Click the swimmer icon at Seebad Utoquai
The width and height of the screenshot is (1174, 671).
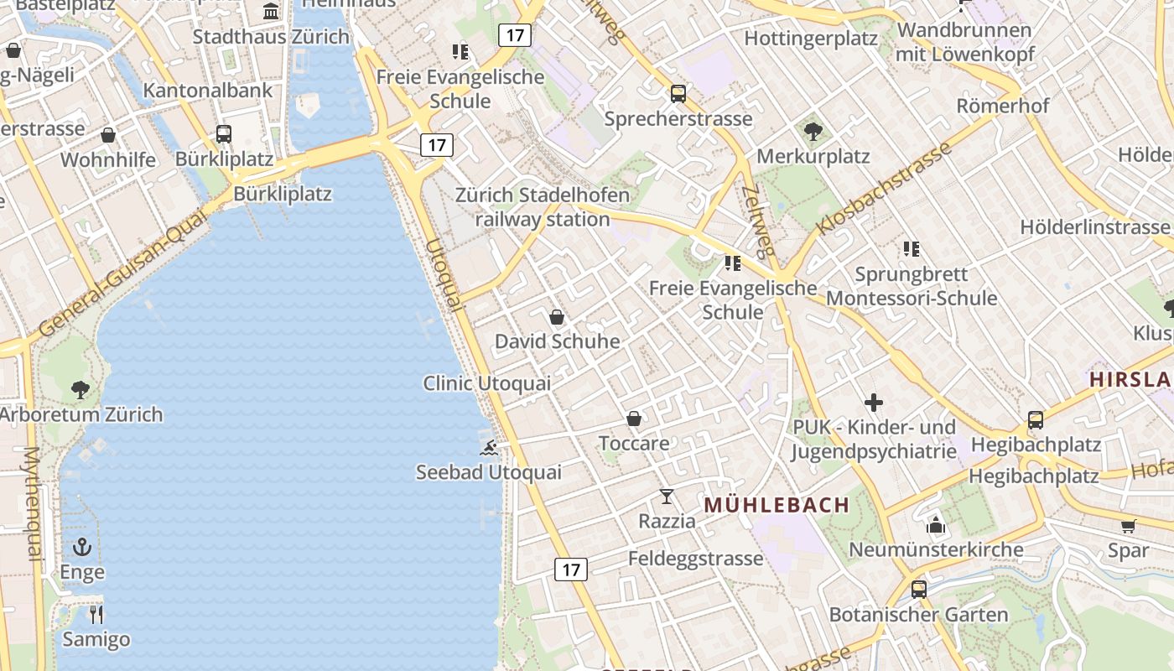pos(489,448)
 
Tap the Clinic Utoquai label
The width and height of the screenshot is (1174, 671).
pos(486,383)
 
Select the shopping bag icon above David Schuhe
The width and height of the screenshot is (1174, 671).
pos(556,317)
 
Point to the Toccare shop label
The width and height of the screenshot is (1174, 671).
pos(634,443)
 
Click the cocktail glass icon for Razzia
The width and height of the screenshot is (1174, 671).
pos(667,497)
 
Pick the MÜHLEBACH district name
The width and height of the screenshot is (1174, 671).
pos(777,505)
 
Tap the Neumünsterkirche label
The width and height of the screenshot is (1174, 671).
pos(936,550)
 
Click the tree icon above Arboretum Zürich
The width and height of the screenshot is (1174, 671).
pos(81,389)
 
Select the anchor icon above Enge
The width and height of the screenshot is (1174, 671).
pos(81,548)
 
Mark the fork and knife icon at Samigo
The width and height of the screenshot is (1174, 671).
pos(96,615)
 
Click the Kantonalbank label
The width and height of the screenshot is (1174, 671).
pos(208,91)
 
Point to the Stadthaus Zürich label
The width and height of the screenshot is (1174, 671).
pos(271,37)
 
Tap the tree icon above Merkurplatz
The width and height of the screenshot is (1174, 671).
pos(813,131)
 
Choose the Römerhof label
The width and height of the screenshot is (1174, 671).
pos(1003,107)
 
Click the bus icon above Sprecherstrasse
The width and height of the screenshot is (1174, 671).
pos(678,94)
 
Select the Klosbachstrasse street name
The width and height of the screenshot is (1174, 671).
pos(885,189)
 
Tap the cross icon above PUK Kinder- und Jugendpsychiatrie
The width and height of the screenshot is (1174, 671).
pos(874,403)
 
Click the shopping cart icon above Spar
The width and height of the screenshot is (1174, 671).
pos(1128,527)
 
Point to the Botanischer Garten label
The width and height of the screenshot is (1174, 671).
pos(918,615)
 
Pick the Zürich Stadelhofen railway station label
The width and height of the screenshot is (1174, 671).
pos(543,207)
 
